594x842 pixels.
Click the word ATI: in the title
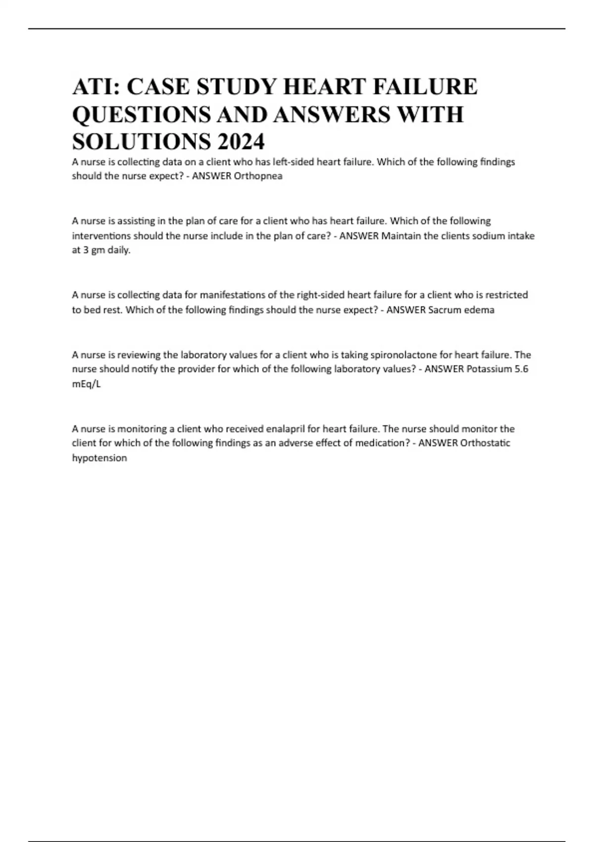click(x=97, y=87)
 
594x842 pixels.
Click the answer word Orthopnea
click(x=257, y=176)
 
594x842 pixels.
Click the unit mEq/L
click(x=87, y=384)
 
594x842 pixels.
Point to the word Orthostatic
click(x=485, y=443)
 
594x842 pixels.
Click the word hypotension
click(x=99, y=458)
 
